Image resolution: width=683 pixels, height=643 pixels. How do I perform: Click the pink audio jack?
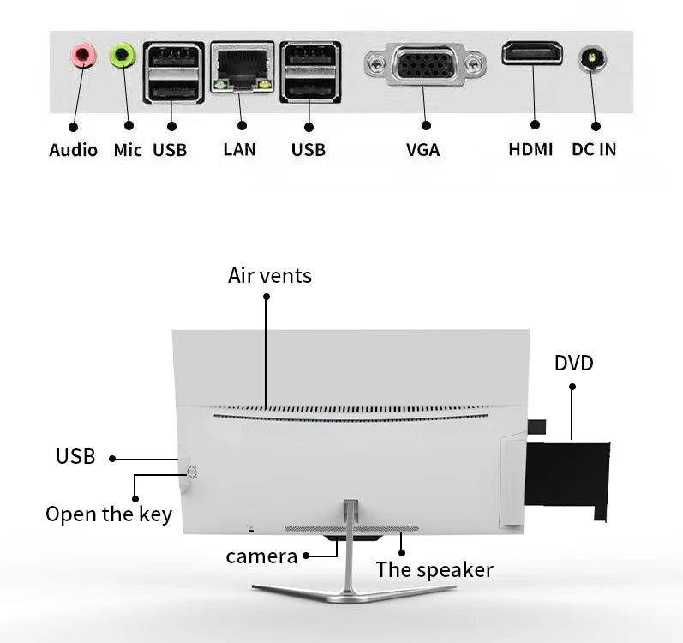(x=82, y=57)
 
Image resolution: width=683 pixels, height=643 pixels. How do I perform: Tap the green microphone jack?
(x=123, y=57)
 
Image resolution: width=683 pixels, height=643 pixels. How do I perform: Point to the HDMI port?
(x=532, y=53)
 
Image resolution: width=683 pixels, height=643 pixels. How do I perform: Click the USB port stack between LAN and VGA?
(x=309, y=71)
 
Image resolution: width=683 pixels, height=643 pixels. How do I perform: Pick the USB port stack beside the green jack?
(x=173, y=71)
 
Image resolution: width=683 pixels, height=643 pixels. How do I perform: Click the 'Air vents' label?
(x=270, y=275)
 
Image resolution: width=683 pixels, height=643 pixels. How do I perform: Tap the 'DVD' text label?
(x=573, y=363)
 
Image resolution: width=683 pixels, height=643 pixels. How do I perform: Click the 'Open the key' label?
(x=109, y=514)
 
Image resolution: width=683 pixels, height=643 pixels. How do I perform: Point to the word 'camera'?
(x=261, y=556)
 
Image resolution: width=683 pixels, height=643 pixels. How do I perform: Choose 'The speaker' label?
(x=434, y=569)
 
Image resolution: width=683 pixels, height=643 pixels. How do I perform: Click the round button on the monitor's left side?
(x=191, y=472)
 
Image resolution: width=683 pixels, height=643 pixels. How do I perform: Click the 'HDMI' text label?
(x=530, y=149)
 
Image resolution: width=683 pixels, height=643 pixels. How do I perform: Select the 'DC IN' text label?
(x=594, y=149)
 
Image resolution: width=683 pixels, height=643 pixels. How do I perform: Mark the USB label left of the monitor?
(x=75, y=457)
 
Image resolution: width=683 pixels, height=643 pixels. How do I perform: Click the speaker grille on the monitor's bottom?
(x=351, y=529)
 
